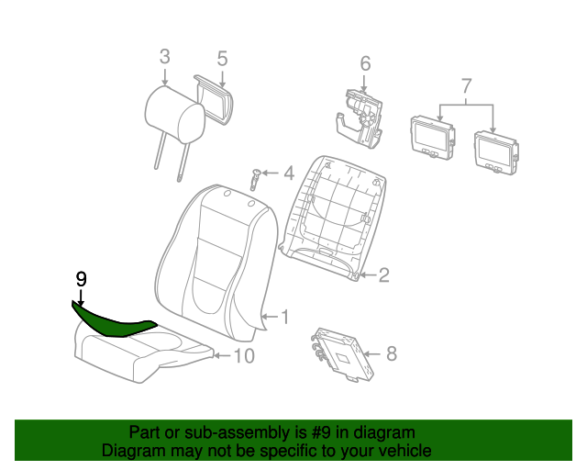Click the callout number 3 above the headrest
(x=165, y=57)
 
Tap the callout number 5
(x=222, y=59)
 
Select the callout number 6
(x=365, y=63)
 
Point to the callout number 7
(x=466, y=85)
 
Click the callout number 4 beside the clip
(x=289, y=173)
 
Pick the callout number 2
(x=384, y=275)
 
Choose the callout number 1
(x=285, y=317)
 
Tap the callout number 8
(x=392, y=353)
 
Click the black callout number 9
(x=82, y=279)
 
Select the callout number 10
(x=244, y=355)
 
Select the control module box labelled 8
(x=342, y=354)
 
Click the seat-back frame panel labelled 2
(x=333, y=218)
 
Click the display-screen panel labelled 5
(x=214, y=100)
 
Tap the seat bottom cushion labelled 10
(x=142, y=354)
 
